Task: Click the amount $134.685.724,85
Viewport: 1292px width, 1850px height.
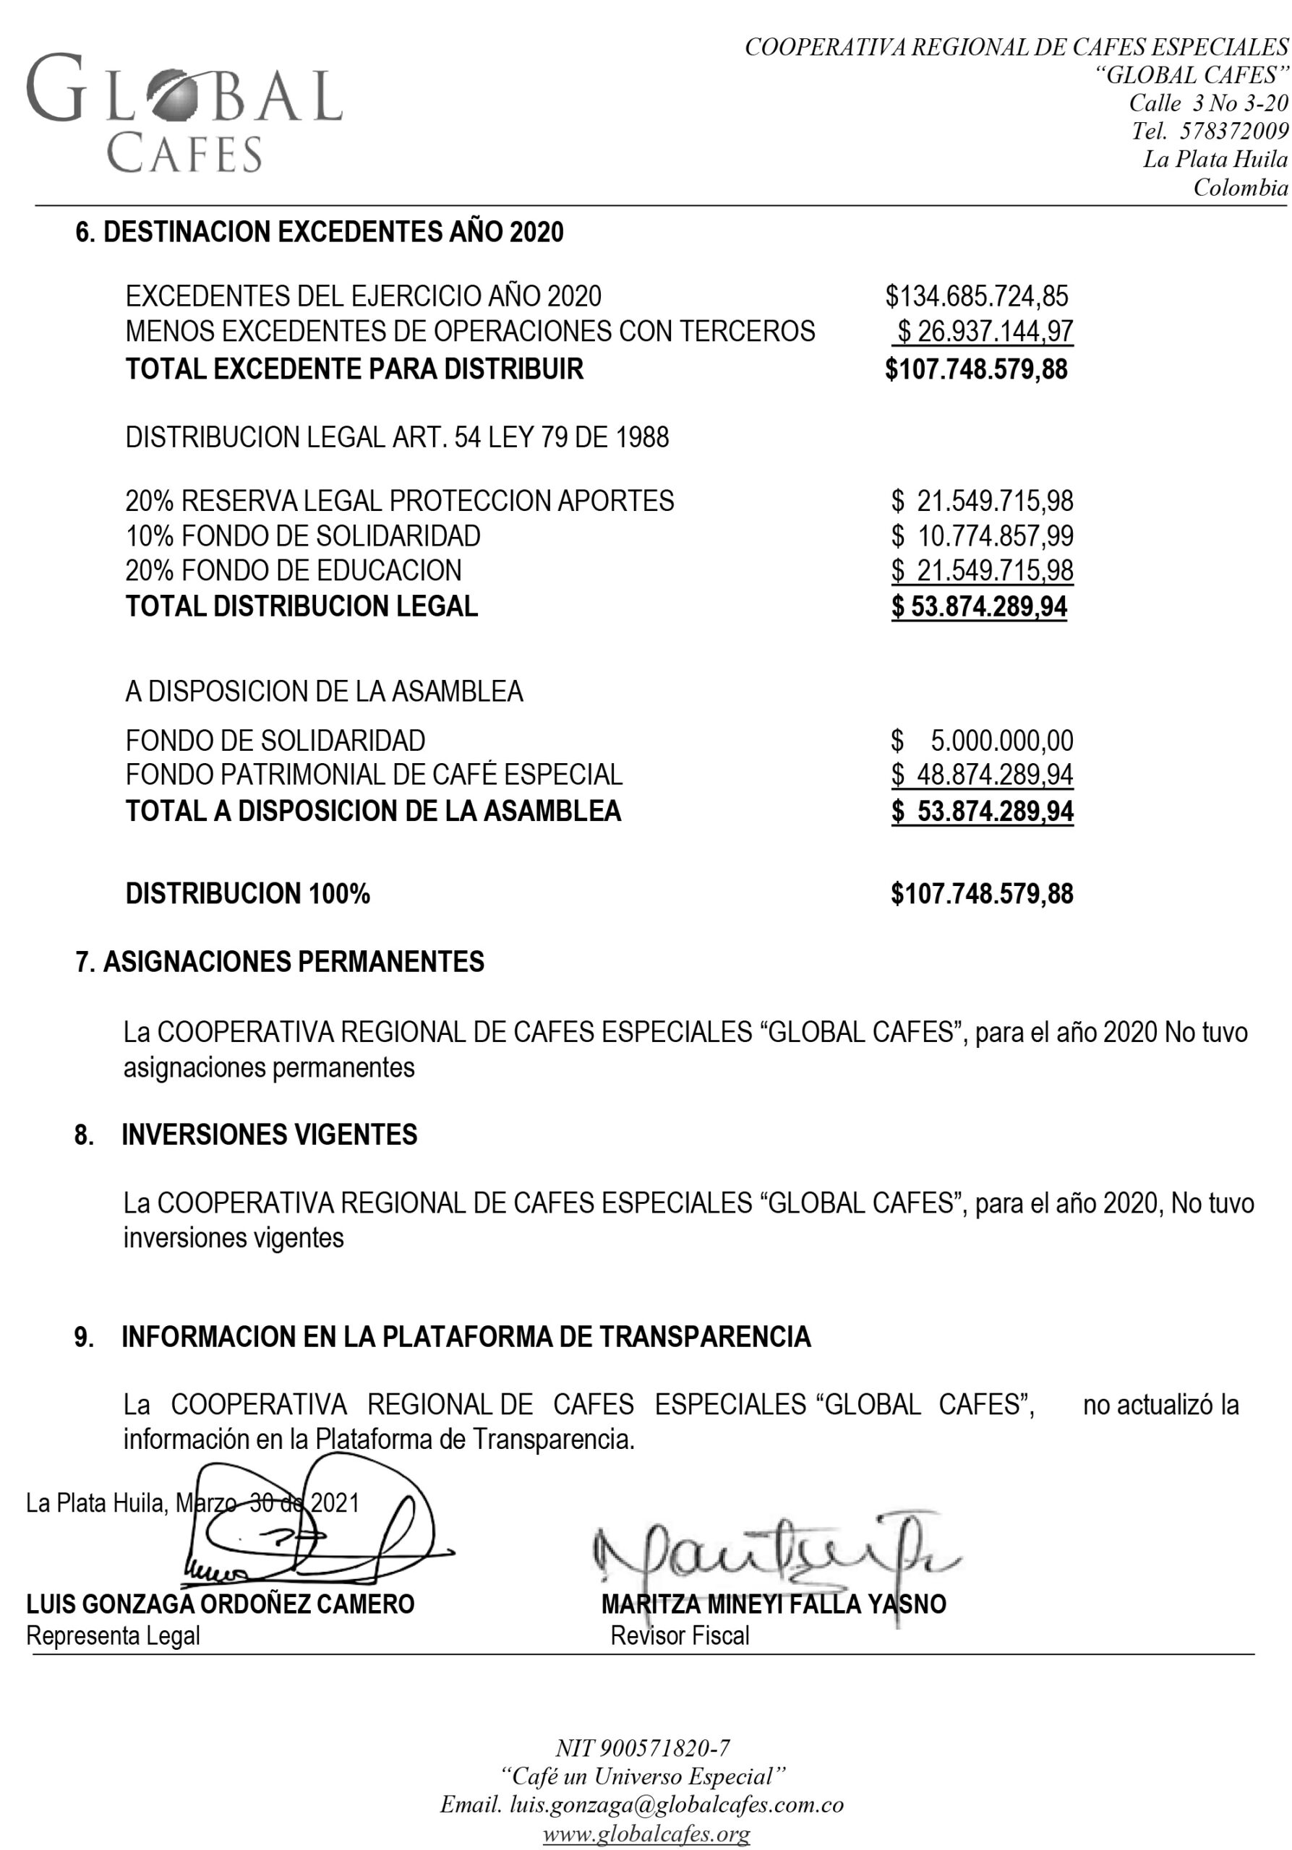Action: click(976, 296)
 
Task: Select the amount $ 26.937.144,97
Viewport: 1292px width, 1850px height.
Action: click(985, 331)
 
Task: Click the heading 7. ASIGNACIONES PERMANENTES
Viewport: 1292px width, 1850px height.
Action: click(280, 962)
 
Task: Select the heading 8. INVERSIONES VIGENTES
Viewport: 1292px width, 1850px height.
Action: click(246, 1135)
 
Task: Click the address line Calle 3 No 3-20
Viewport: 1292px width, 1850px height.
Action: click(1208, 103)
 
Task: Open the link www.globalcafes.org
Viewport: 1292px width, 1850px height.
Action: click(646, 1834)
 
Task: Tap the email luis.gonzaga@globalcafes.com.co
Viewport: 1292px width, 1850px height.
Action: click(641, 1805)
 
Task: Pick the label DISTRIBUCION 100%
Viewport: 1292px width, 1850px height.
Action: click(247, 894)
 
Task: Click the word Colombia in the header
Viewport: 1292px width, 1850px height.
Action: click(1241, 189)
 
